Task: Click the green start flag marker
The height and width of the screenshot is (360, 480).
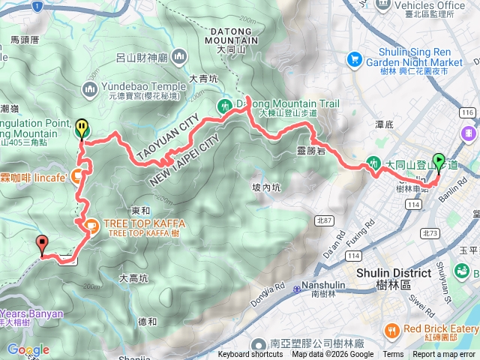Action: tap(438, 160)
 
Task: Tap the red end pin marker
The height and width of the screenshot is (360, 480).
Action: tap(42, 222)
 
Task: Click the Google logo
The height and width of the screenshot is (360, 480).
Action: tap(28, 349)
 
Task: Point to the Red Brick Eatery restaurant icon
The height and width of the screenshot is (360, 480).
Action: tap(391, 331)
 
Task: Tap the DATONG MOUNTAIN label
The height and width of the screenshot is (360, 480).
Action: tap(230, 34)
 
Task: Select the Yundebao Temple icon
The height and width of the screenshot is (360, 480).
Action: tap(90, 90)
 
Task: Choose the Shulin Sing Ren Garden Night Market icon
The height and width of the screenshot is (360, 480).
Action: tap(354, 58)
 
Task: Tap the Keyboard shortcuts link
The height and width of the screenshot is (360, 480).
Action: tap(250, 355)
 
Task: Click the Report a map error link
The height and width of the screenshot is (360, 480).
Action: tap(443, 355)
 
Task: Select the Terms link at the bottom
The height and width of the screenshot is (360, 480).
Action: tap(393, 355)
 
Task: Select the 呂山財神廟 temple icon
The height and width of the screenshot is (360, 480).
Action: tap(178, 57)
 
